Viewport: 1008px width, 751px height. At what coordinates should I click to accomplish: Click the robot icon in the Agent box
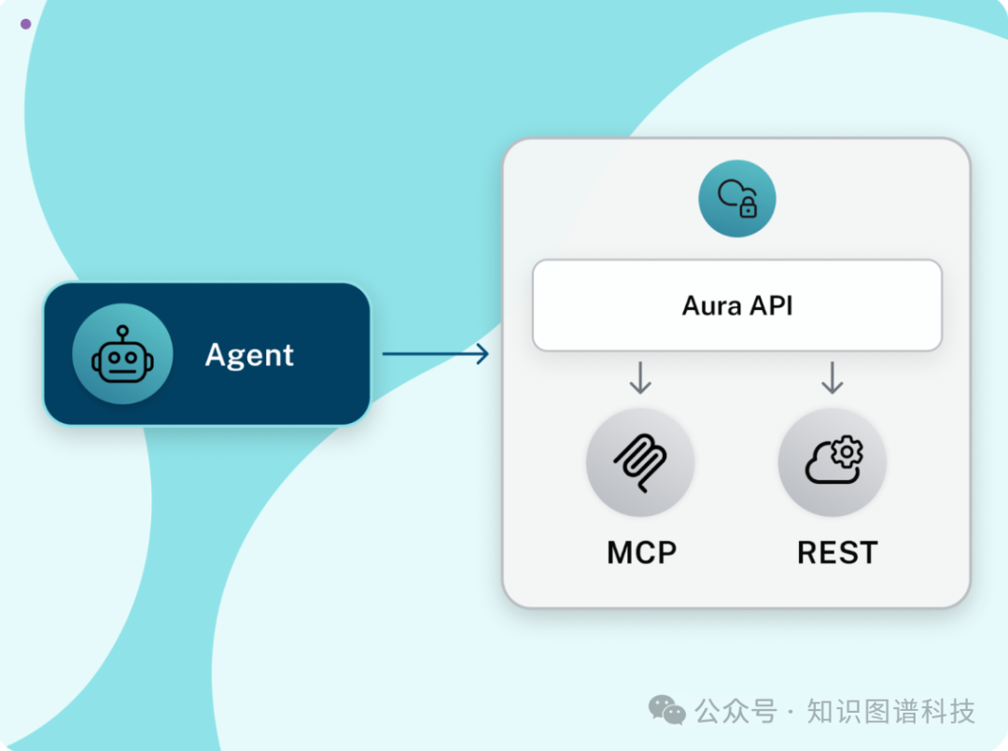[x=122, y=354]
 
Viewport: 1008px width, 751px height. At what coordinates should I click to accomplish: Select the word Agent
[x=249, y=355]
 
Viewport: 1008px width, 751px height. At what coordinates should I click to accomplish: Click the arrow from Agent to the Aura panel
[x=435, y=353]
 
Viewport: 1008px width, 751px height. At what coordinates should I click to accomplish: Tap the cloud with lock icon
[x=737, y=198]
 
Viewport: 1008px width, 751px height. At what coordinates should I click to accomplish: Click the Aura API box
[x=736, y=305]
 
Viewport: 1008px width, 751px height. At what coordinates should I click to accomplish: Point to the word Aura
[x=709, y=305]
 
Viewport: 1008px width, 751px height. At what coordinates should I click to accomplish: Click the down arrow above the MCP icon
[x=640, y=377]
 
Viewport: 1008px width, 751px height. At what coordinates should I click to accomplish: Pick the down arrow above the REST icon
[x=832, y=377]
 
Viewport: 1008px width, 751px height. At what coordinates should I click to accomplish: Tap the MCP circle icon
[x=640, y=462]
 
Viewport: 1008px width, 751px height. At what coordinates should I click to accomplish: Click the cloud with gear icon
[x=832, y=462]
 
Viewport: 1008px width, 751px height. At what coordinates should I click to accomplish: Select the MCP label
[x=641, y=552]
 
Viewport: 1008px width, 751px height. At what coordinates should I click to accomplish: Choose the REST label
[x=837, y=552]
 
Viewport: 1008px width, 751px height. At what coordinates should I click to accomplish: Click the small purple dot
[x=25, y=24]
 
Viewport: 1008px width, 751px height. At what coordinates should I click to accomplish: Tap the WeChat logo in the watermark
[x=666, y=710]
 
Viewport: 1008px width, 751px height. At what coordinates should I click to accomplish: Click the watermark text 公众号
[x=735, y=712]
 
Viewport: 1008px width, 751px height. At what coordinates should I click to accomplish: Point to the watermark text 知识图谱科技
[x=890, y=712]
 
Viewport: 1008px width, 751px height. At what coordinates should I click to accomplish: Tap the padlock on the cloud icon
[x=748, y=208]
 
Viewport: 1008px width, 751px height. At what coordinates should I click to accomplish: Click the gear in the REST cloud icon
[x=847, y=452]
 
